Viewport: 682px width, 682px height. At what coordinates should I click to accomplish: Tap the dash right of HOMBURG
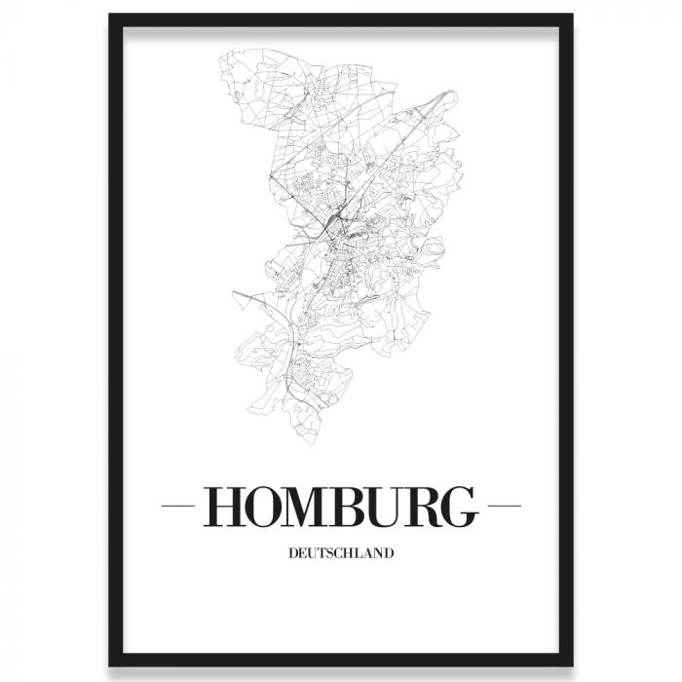[503, 507]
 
